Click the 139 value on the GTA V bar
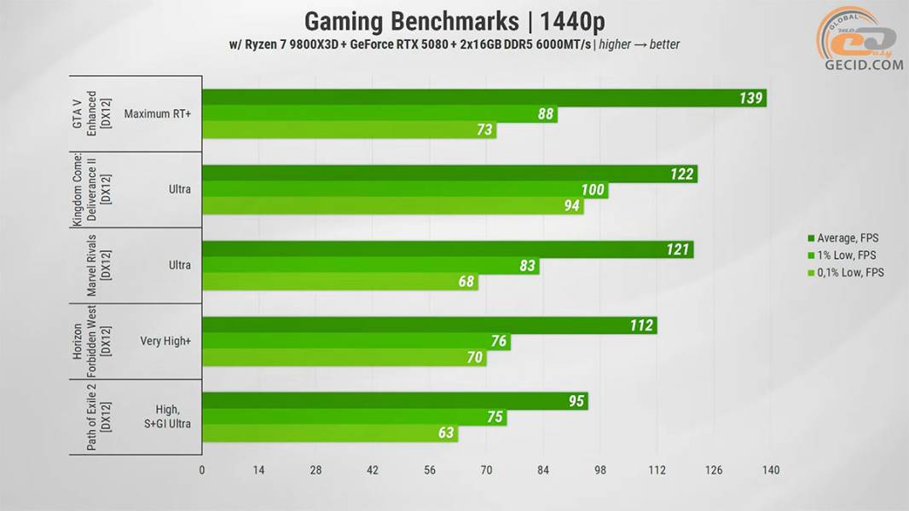(x=750, y=98)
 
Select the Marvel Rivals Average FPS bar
(x=447, y=250)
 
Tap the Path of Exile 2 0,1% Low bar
(x=329, y=433)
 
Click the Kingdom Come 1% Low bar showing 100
(x=404, y=190)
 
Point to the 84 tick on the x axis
(x=543, y=470)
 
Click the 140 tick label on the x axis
(x=770, y=470)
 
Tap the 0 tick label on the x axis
(x=202, y=470)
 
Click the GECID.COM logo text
(x=863, y=65)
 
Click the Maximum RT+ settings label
(x=157, y=113)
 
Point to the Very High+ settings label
(x=165, y=341)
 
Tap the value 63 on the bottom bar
(x=445, y=433)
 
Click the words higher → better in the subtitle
(x=640, y=44)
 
